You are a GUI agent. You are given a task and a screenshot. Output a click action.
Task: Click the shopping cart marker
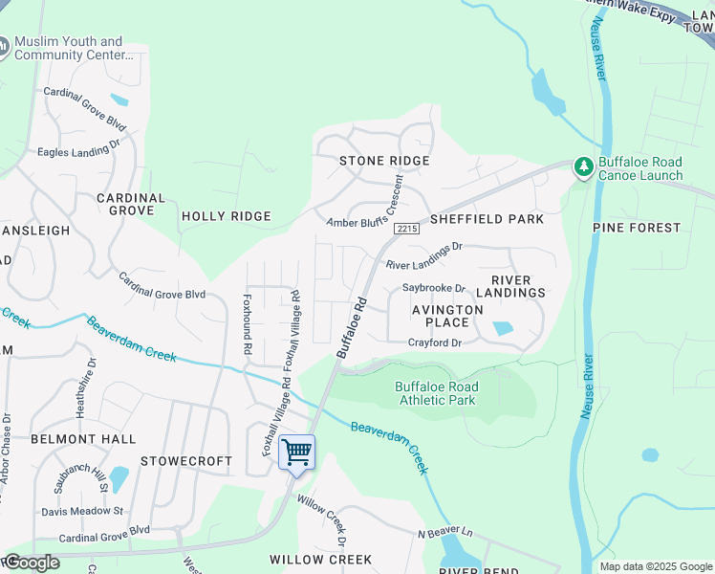click(x=296, y=452)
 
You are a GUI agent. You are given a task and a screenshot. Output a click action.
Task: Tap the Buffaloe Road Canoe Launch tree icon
click(x=583, y=167)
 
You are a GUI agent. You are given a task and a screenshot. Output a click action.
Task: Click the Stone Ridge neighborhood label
click(x=384, y=161)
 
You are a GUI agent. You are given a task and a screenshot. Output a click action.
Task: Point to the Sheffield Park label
click(x=487, y=219)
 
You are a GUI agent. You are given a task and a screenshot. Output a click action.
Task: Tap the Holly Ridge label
click(x=227, y=216)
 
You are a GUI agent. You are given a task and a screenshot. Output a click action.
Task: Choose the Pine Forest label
click(x=637, y=228)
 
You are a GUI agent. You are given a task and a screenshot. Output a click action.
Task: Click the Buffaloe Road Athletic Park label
click(x=437, y=393)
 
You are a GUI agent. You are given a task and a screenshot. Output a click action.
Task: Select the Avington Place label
click(x=447, y=317)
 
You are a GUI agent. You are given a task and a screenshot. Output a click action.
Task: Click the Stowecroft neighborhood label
click(x=186, y=461)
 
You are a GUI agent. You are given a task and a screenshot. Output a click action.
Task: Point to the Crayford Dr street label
click(x=435, y=342)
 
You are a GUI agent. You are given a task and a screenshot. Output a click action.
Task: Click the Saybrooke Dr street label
click(x=433, y=288)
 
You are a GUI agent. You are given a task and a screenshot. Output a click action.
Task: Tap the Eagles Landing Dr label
click(x=77, y=149)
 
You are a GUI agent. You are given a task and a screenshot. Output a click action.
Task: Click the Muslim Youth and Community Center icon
click(x=5, y=46)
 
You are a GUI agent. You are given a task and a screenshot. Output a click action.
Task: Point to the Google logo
click(x=32, y=563)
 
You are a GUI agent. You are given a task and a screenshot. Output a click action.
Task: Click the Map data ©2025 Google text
click(x=655, y=566)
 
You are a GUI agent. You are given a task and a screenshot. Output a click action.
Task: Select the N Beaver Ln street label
click(x=445, y=532)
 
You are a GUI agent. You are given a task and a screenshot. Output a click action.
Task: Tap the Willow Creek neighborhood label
click(x=320, y=559)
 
